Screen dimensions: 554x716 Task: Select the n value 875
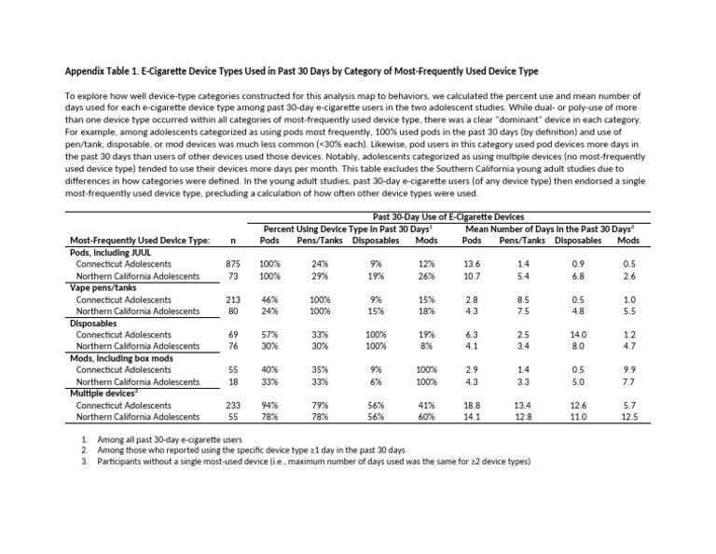[x=233, y=264]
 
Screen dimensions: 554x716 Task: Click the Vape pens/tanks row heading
[x=103, y=287]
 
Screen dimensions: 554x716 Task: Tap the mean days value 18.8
[x=472, y=406]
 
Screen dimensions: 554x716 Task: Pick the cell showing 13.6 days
[x=472, y=264]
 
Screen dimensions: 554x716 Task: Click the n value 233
[x=233, y=406]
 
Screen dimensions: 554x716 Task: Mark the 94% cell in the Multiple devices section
[x=269, y=406]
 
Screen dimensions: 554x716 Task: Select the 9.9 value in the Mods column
[x=629, y=370]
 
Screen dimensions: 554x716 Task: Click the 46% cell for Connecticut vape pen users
[x=269, y=299]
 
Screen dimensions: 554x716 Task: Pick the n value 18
[x=233, y=382]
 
